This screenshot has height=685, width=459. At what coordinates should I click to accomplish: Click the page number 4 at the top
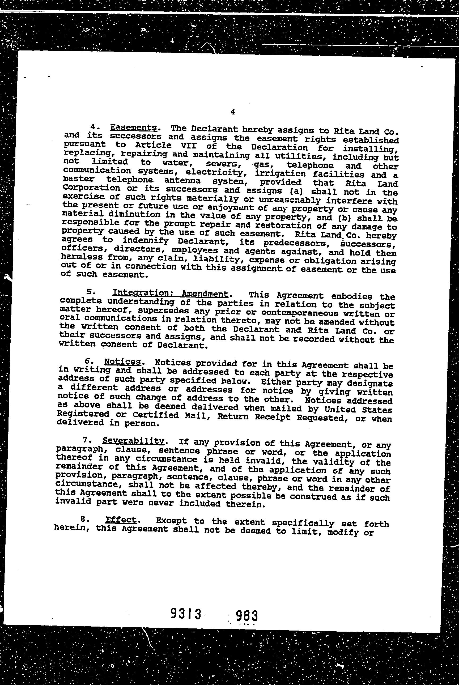(233, 112)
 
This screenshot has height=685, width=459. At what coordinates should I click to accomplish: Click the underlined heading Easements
(133, 128)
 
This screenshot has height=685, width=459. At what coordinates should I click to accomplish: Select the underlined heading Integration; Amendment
(170, 293)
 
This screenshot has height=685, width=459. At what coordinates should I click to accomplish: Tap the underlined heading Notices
(123, 362)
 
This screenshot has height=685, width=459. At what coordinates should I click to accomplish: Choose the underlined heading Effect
(121, 520)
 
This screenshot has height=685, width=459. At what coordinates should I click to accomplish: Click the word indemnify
(146, 241)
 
